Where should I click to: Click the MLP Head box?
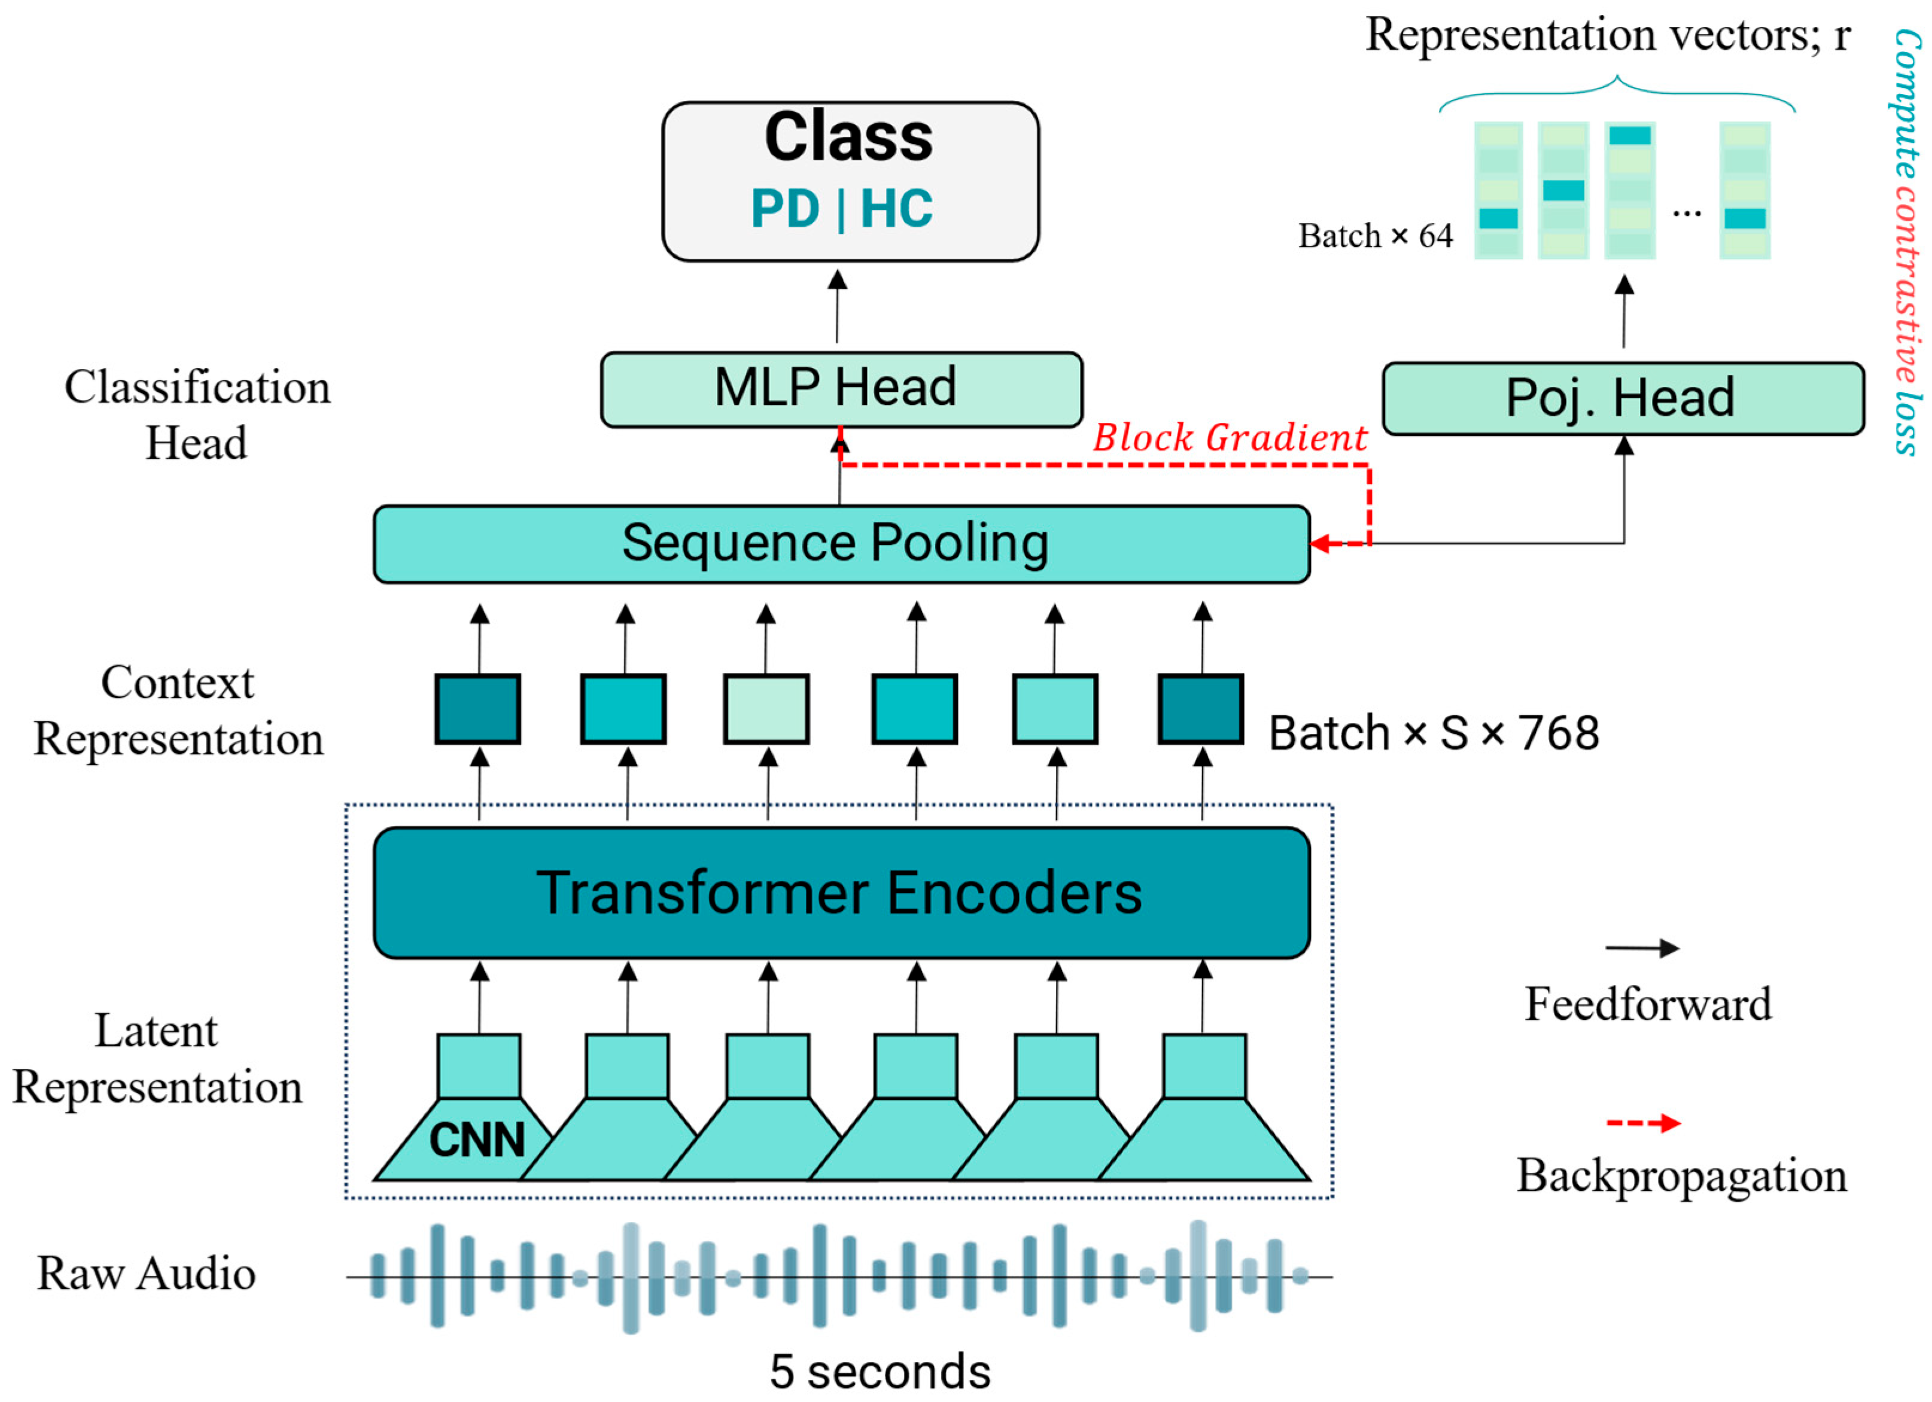pyautogui.click(x=841, y=389)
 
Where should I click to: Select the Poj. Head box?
pyautogui.click(x=1622, y=398)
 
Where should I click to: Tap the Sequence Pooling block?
pyautogui.click(x=841, y=544)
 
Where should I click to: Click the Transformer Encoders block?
pyautogui.click(x=841, y=892)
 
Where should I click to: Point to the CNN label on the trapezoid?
pyautogui.click(x=477, y=1139)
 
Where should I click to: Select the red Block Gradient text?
pyautogui.click(x=1229, y=438)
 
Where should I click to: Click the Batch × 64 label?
pyautogui.click(x=1375, y=236)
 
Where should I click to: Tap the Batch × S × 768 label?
pyautogui.click(x=1434, y=733)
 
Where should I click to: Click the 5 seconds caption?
pyautogui.click(x=880, y=1371)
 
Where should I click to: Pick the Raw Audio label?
pyautogui.click(x=147, y=1274)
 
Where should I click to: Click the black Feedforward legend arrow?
pyautogui.click(x=1642, y=948)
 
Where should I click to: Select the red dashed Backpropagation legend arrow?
pyautogui.click(x=1642, y=1123)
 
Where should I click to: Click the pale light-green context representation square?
pyautogui.click(x=766, y=709)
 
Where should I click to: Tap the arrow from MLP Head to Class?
pyautogui.click(x=838, y=307)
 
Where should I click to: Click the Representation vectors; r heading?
pyautogui.click(x=1608, y=36)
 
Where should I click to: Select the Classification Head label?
pyautogui.click(x=197, y=415)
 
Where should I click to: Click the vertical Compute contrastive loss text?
pyautogui.click(x=1906, y=243)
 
